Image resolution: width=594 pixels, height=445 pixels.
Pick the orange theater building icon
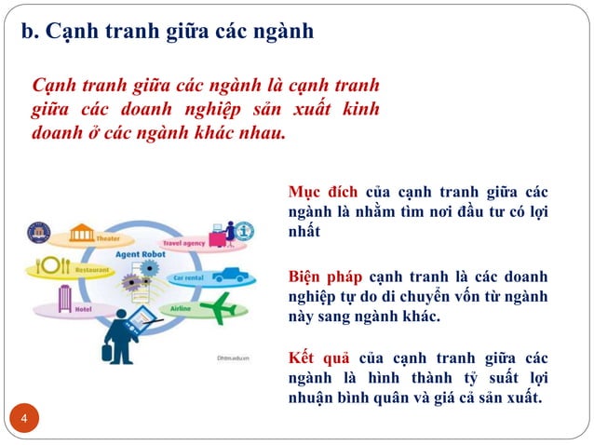click(82, 232)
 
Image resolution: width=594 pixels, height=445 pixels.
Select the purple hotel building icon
click(65, 298)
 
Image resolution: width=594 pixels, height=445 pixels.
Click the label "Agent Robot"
click(141, 253)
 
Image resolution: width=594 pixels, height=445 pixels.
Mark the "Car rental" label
click(187, 277)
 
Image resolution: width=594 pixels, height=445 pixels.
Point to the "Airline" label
click(182, 307)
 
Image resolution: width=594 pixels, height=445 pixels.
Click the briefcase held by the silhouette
click(109, 351)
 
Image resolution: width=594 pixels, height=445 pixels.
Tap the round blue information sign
click(245, 230)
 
